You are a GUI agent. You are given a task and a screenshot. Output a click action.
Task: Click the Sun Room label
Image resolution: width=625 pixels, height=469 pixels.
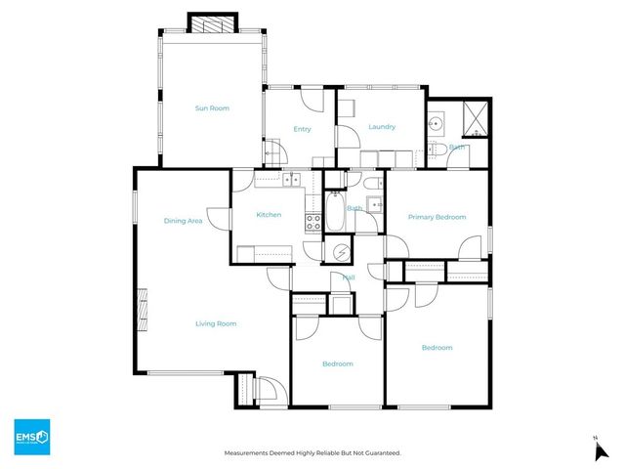pyautogui.click(x=212, y=107)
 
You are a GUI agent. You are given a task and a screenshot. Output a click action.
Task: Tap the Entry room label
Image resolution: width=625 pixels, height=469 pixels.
pyautogui.click(x=302, y=129)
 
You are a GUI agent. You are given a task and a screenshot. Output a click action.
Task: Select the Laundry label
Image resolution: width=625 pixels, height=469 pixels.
pyautogui.click(x=381, y=127)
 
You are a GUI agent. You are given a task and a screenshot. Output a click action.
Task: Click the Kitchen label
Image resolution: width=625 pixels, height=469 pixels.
pyautogui.click(x=269, y=215)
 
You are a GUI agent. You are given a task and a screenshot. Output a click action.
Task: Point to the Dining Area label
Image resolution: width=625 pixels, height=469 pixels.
pyautogui.click(x=183, y=221)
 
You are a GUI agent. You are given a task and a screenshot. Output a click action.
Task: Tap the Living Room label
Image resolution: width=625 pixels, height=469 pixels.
pyautogui.click(x=216, y=323)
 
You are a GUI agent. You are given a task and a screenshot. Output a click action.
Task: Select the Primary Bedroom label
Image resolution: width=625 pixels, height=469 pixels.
pyautogui.click(x=437, y=217)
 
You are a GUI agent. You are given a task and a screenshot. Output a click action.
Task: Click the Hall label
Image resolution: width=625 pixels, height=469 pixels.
pyautogui.click(x=348, y=277)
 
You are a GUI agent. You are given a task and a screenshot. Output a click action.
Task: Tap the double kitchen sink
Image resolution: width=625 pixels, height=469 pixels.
pyautogui.click(x=290, y=179)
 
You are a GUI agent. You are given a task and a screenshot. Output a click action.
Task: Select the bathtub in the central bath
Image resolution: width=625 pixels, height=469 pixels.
pyautogui.click(x=334, y=212)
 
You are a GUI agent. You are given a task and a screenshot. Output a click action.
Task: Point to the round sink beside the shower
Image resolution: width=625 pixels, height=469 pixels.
pyautogui.click(x=436, y=124)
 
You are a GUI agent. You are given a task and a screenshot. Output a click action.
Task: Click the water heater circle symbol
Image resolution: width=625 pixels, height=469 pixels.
pyautogui.click(x=341, y=251)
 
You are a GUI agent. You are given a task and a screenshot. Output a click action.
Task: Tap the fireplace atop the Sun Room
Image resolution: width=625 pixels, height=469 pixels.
pyautogui.click(x=213, y=23)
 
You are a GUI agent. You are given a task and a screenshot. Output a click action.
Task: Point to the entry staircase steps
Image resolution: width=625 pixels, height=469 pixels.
pyautogui.click(x=274, y=152)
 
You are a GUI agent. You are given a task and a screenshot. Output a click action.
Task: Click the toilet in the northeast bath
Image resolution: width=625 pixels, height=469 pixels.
pyautogui.click(x=440, y=149)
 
